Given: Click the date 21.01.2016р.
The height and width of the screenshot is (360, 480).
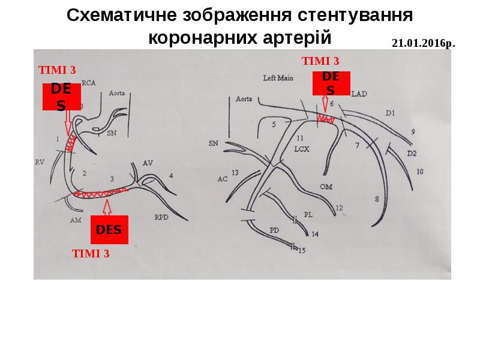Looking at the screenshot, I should coord(423,44).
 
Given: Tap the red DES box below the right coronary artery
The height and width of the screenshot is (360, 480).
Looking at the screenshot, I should coord(109,229).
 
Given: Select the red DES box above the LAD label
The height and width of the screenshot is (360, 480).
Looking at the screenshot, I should coord(331,83).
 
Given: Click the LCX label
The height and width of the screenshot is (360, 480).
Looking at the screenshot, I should coord(301,149).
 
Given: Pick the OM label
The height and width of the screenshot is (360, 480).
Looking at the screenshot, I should coord(326,187).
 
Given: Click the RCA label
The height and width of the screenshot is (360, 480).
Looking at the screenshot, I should coord(88,83).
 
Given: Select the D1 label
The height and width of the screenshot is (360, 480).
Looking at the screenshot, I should coord(391,112).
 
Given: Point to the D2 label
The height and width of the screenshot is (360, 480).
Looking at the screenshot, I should coord(412,153).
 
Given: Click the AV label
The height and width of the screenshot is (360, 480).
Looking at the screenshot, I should coord(148,163).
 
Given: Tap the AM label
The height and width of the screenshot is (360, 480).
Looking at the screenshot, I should coord(75,220).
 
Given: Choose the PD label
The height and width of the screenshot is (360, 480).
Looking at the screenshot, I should coord(275,230).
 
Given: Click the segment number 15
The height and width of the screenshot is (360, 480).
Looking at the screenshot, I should coord(301,250).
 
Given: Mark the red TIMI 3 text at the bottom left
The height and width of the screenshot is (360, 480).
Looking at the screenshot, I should coord(91,253).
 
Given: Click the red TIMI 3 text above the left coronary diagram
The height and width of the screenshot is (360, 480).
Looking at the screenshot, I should coord(320,61).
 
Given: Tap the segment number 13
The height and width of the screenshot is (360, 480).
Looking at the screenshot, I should coord(235,173).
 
